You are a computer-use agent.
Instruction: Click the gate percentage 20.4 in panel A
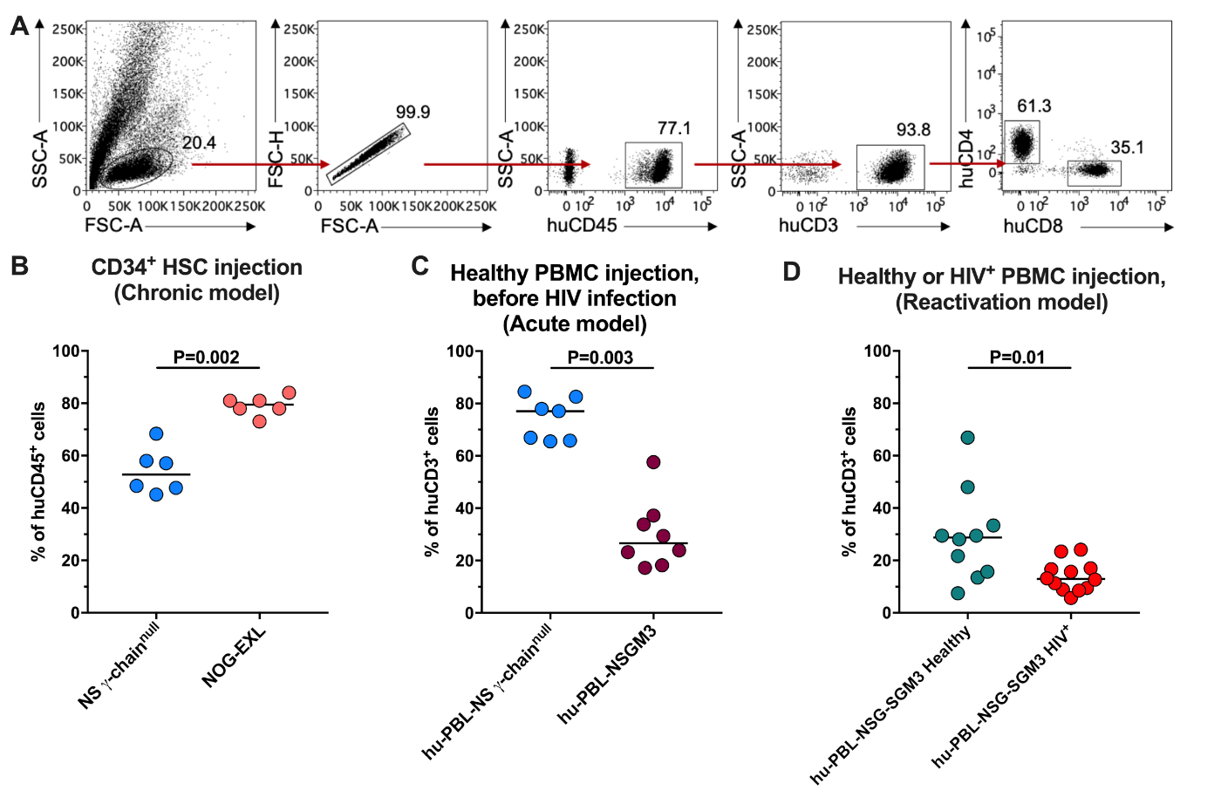(199, 143)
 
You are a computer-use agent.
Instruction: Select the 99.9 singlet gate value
(413, 112)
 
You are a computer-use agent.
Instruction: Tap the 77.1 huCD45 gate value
(673, 128)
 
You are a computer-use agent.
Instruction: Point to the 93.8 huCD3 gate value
(913, 130)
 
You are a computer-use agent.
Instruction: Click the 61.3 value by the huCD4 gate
(1033, 106)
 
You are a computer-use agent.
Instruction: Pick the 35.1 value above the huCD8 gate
(1127, 147)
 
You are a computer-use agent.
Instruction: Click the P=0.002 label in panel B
(206, 357)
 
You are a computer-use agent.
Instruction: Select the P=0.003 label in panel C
(600, 358)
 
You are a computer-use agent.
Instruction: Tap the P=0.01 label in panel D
(1017, 358)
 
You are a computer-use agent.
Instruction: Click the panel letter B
(19, 266)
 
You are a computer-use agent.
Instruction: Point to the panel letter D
(791, 272)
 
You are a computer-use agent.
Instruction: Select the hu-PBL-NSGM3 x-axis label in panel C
(608, 674)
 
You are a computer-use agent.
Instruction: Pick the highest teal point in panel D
(967, 438)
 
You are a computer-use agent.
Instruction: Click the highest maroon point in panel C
(653, 462)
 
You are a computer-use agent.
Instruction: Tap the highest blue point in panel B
(156, 433)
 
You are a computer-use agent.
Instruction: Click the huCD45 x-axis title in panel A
(582, 226)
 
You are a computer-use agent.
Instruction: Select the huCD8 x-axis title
(1033, 227)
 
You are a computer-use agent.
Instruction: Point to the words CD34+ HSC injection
(197, 268)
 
